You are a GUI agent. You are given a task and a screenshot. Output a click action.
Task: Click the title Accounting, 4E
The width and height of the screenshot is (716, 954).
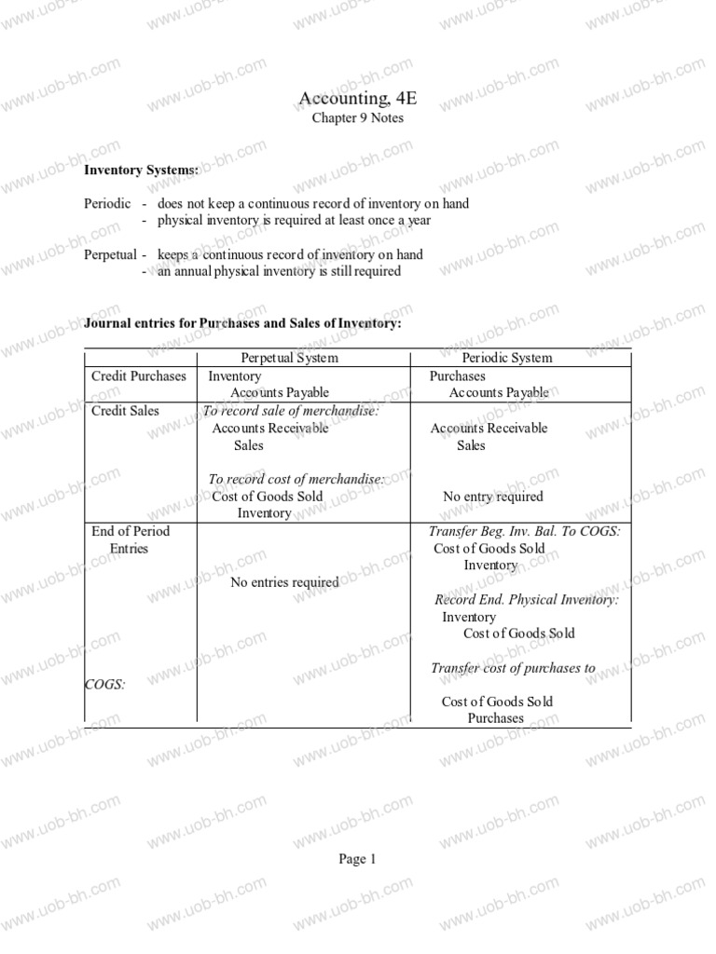(x=357, y=99)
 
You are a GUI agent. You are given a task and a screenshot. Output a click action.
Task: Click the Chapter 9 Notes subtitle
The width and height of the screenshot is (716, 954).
(x=357, y=118)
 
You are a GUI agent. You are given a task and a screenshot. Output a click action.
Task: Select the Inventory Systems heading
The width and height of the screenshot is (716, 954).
(x=141, y=170)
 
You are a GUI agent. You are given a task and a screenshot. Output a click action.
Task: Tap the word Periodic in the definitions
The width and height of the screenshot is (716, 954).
(x=107, y=203)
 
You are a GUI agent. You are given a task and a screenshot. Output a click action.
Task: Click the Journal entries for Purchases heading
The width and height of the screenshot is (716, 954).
(x=242, y=322)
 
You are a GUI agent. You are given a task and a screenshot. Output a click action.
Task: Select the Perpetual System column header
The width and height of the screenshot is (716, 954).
(x=289, y=358)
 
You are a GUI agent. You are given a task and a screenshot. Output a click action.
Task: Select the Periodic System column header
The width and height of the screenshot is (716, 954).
(x=507, y=358)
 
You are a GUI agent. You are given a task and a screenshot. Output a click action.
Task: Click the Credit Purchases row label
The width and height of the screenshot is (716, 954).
(x=138, y=376)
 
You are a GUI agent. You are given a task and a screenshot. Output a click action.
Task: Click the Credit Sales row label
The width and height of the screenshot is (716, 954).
(x=125, y=411)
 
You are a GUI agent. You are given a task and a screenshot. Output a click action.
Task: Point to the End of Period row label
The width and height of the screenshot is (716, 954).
(x=131, y=531)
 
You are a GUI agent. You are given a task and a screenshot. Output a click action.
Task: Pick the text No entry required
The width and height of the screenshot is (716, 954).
(x=492, y=497)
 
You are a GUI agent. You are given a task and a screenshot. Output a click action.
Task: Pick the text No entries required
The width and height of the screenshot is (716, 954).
(x=284, y=582)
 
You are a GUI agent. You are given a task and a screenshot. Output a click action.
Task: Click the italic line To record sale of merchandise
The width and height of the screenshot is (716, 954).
(x=291, y=411)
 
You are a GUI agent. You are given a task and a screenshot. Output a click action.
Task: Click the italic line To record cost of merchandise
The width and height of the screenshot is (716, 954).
(x=296, y=479)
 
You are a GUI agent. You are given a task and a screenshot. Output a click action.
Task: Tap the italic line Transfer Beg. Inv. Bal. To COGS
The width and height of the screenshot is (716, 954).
(x=524, y=531)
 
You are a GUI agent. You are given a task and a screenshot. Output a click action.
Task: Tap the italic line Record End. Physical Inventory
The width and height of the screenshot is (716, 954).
(x=527, y=600)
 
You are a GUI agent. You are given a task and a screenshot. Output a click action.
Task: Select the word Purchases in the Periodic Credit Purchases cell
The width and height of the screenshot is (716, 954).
(x=457, y=376)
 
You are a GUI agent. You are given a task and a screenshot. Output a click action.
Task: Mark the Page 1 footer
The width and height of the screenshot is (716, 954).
(x=357, y=860)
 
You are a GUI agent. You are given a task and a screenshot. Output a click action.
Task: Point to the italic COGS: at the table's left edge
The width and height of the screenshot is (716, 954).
(x=104, y=685)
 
